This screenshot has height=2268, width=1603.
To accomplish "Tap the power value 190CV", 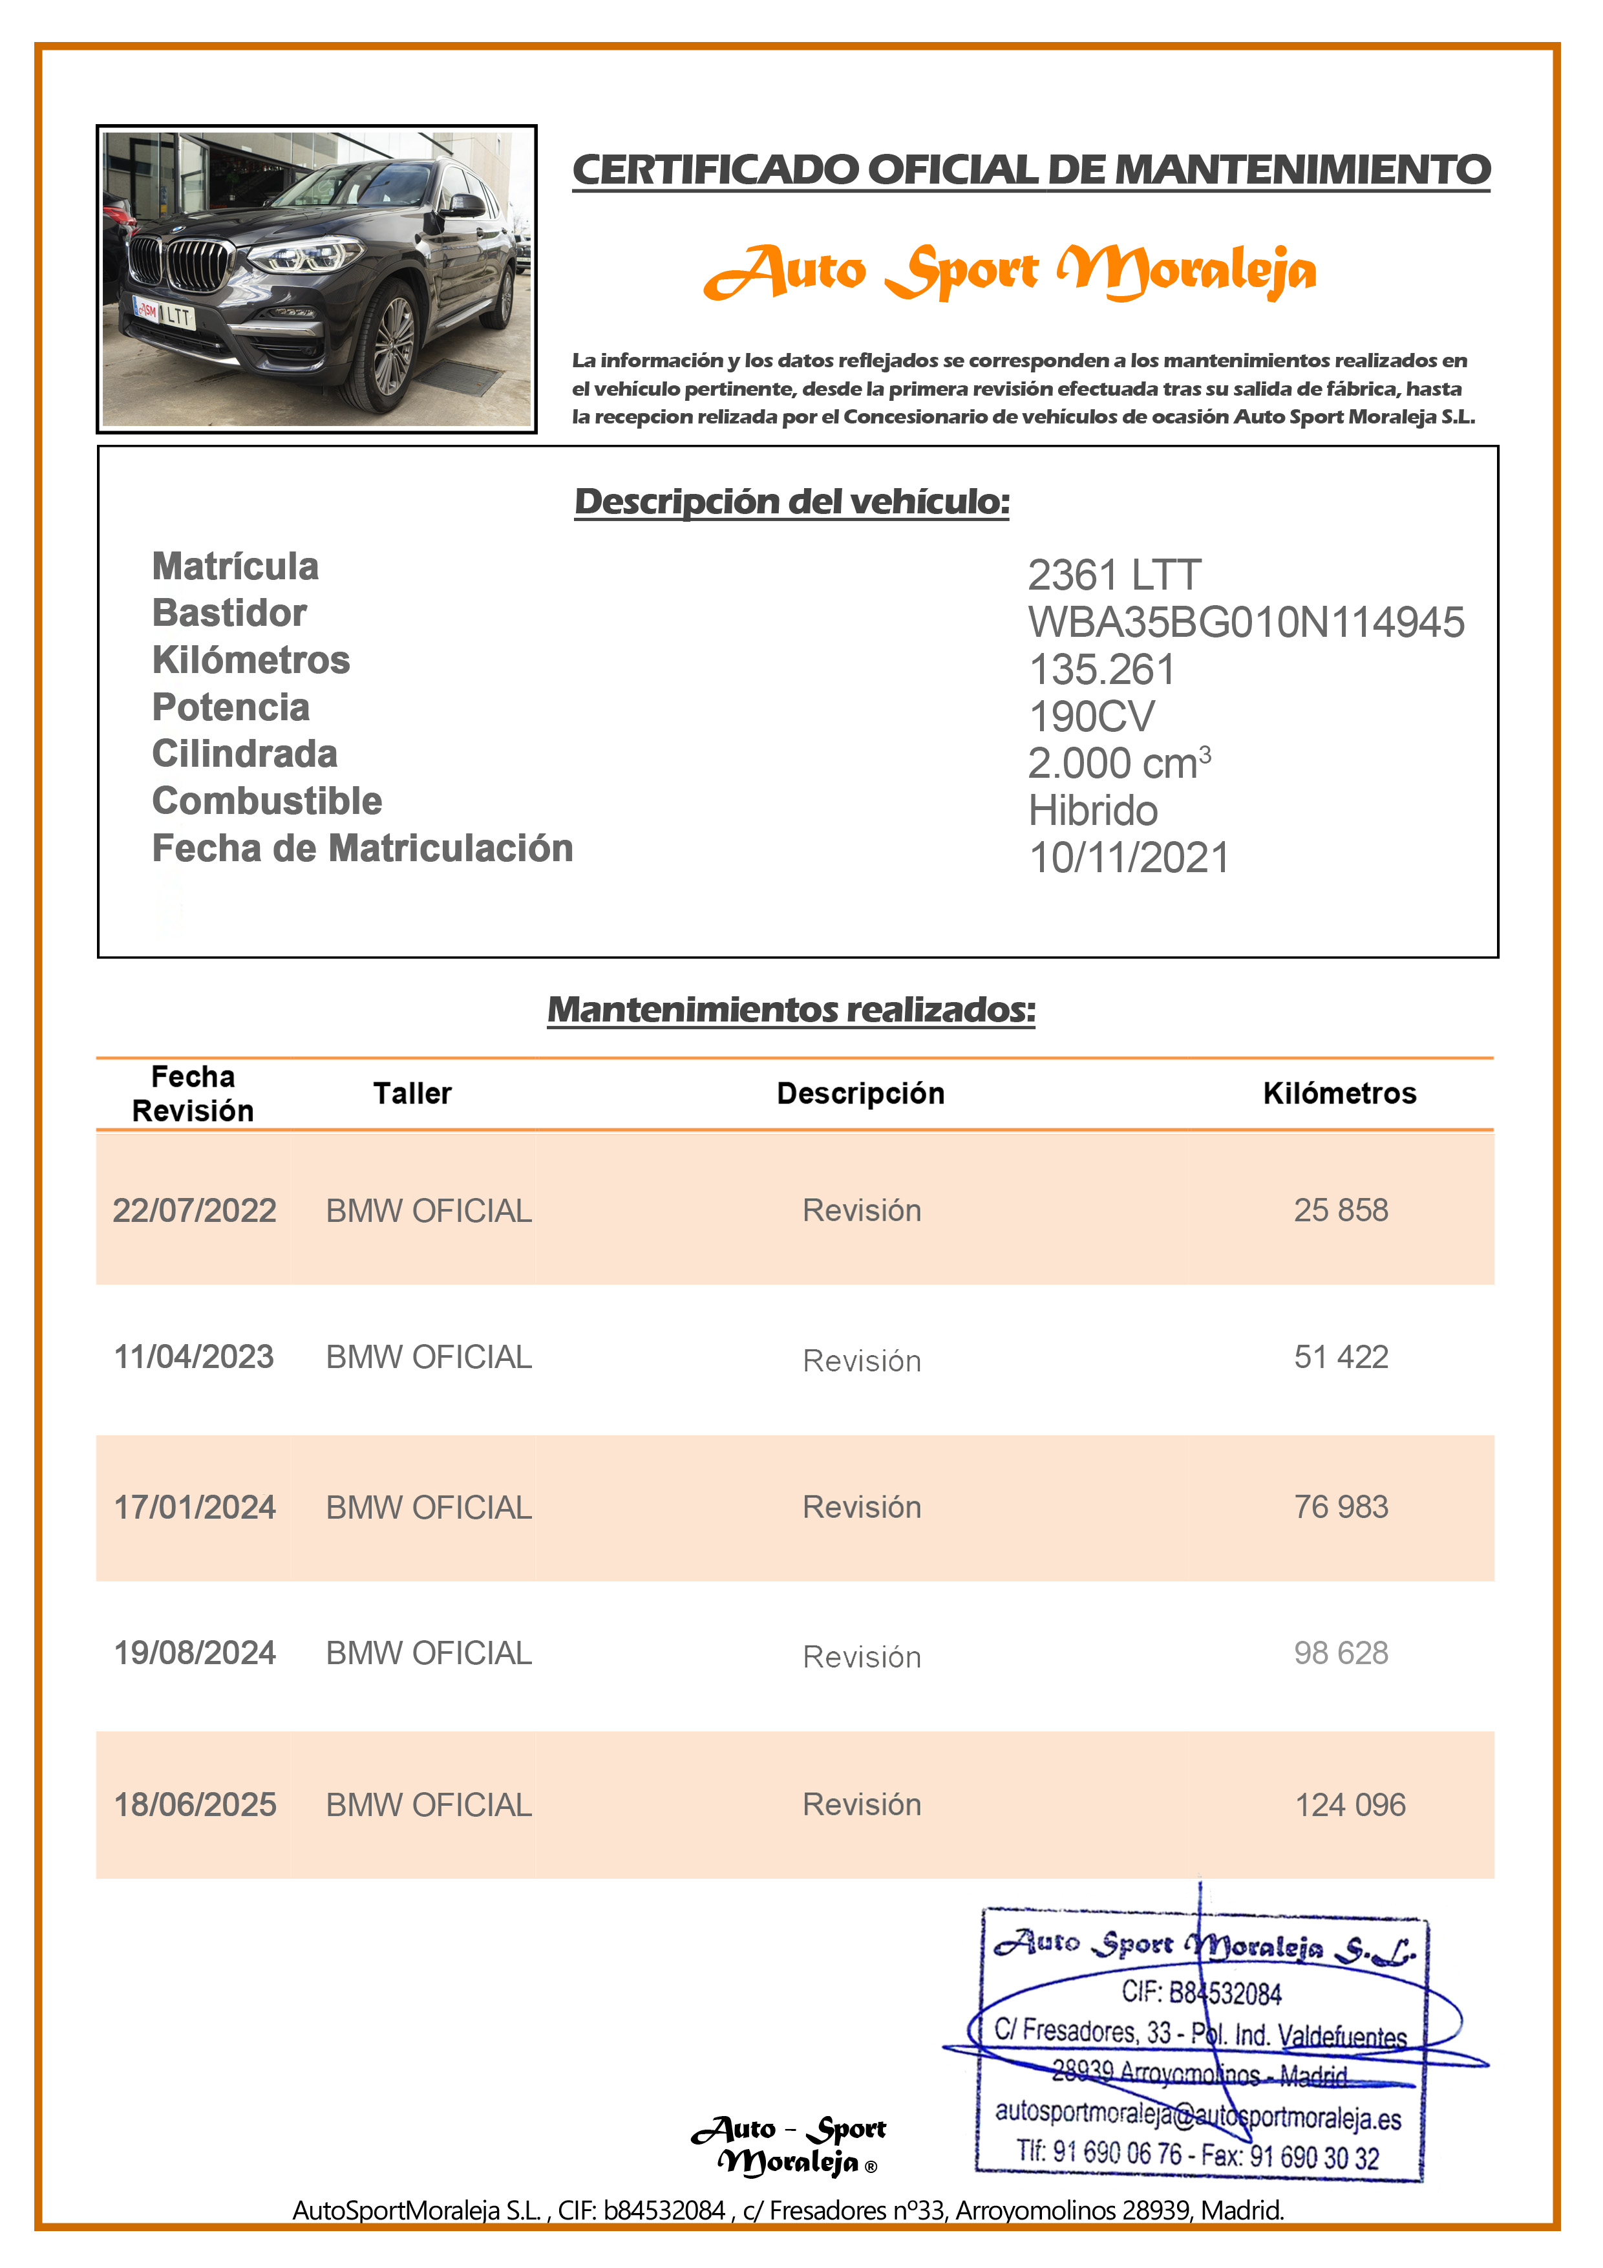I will point(1090,716).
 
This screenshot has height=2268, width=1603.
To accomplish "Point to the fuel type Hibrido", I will point(1092,811).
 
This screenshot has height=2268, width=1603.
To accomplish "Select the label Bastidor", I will point(229,614).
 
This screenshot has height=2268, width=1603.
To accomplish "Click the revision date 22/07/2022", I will point(195,1210).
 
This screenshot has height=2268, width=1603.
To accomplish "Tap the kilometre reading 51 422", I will point(1341,1356).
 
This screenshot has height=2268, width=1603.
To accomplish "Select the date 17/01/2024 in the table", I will point(195,1508).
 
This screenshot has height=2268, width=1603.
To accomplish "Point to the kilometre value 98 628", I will point(1341,1653).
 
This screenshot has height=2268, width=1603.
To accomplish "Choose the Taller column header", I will point(412,1093).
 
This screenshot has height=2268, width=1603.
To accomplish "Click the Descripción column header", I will point(860,1093).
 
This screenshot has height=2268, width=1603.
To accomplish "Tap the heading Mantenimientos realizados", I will point(791,1009).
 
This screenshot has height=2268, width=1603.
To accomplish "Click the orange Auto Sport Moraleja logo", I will point(1010,272).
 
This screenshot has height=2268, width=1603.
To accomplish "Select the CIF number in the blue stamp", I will point(1201,1993).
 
